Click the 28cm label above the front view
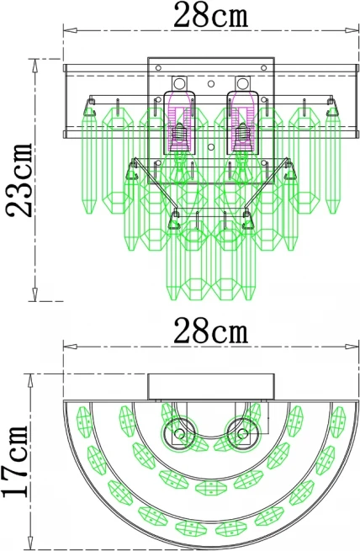(211, 15)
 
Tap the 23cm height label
(20, 179)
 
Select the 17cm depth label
(15, 462)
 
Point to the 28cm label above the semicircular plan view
(211, 331)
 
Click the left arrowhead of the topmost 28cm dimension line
(70, 30)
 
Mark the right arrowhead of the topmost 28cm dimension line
(352, 30)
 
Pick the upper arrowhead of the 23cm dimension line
(34, 66)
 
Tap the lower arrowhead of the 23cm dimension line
(34, 294)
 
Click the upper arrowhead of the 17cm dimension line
(30, 381)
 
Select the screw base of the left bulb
(179, 135)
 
